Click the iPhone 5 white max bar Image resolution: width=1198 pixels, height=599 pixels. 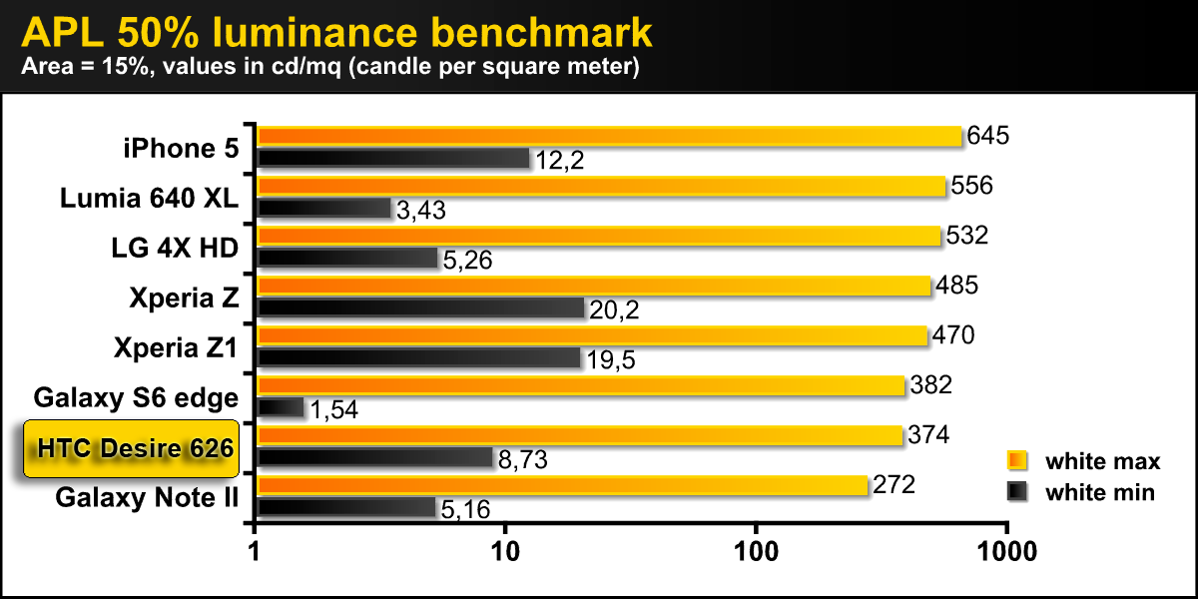coord(609,136)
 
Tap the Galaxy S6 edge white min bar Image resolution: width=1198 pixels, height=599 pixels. coord(281,407)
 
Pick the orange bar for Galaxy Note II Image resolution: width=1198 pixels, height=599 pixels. coord(563,486)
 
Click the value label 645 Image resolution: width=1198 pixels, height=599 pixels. coord(989,136)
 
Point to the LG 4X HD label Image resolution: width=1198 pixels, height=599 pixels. coord(177,248)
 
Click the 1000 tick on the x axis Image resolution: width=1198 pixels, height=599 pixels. coord(1006,550)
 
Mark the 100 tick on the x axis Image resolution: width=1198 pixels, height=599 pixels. coord(756,550)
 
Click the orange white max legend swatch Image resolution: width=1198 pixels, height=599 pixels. coord(1017,461)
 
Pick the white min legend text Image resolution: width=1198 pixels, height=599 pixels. coord(1099,492)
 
